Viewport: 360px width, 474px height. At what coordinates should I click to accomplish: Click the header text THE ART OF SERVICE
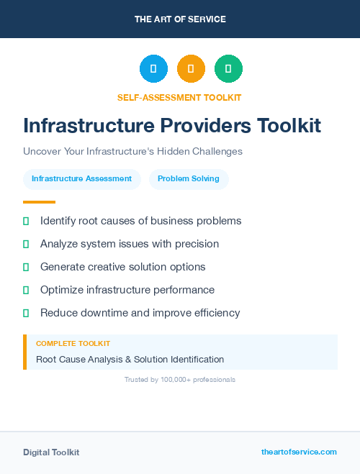click(x=180, y=19)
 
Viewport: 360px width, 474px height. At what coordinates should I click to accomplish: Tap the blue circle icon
click(x=153, y=69)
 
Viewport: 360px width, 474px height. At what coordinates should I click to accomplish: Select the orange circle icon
click(x=191, y=69)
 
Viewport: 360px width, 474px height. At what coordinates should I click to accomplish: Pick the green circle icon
click(x=228, y=69)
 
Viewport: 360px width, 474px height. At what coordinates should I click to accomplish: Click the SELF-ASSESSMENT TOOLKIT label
click(x=179, y=97)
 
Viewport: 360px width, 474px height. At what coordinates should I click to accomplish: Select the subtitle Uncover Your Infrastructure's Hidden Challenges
click(x=132, y=152)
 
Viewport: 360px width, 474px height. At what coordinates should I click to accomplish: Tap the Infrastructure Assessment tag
click(x=81, y=179)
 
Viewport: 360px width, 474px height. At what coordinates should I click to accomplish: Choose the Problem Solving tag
click(x=189, y=179)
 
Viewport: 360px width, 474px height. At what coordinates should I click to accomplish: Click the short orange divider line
click(x=39, y=202)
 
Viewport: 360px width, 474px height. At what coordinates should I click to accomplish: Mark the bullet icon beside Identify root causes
click(x=26, y=221)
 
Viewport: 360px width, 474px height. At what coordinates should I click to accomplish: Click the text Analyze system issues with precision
click(x=130, y=244)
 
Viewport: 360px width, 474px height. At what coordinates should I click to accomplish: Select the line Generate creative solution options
click(x=122, y=267)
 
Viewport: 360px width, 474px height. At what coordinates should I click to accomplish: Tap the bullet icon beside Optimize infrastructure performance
click(x=26, y=290)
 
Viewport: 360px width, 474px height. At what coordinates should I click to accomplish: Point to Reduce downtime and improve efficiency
click(x=140, y=313)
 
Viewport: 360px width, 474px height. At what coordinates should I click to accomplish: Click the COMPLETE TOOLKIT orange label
click(x=73, y=345)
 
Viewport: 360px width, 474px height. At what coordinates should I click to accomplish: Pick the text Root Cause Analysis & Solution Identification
click(x=130, y=359)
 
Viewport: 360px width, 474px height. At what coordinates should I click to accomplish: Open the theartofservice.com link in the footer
click(x=299, y=452)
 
